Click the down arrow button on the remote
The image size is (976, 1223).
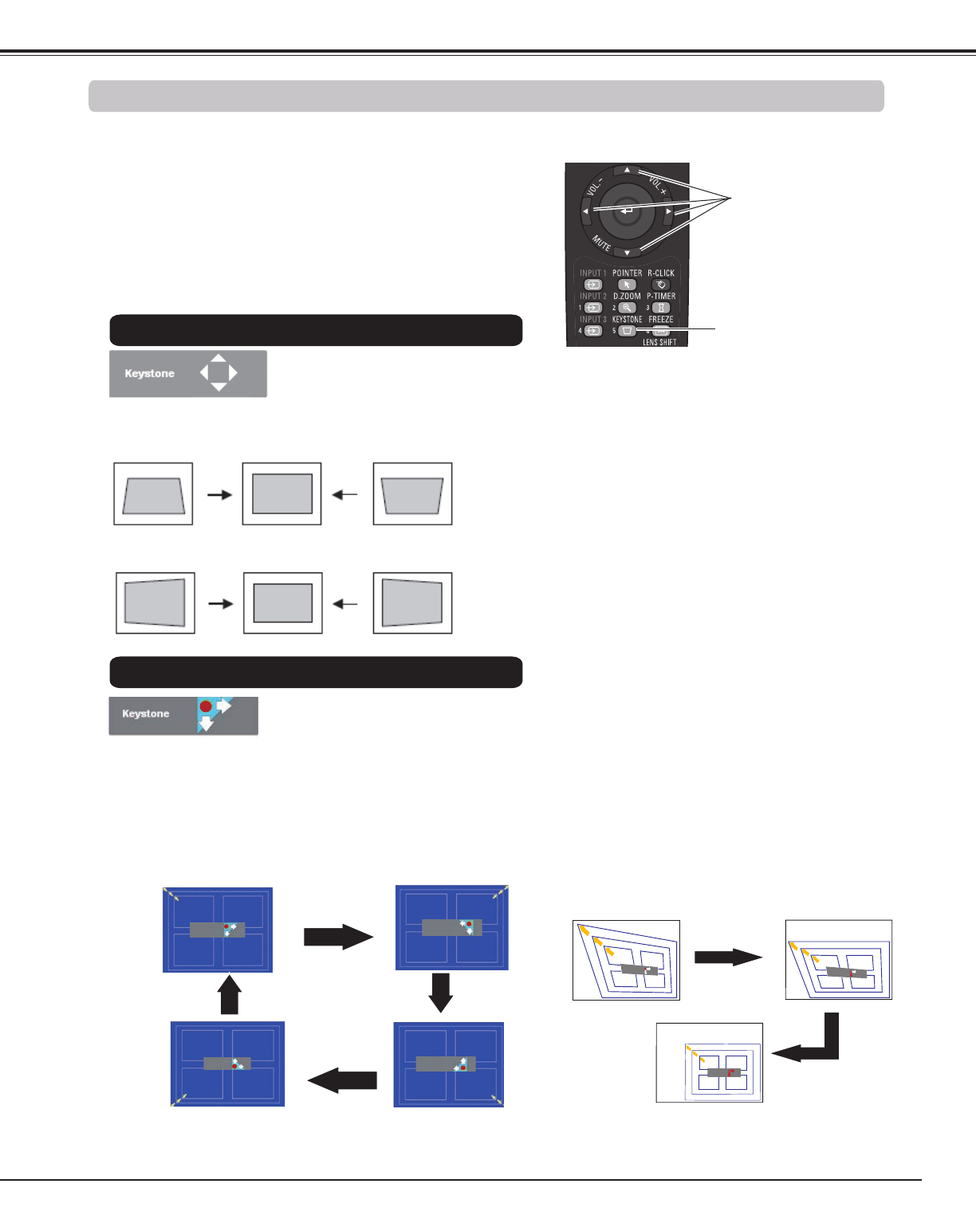pyautogui.click(x=628, y=253)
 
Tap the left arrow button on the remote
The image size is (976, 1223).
pyautogui.click(x=585, y=211)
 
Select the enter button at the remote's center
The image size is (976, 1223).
pyautogui.click(x=627, y=211)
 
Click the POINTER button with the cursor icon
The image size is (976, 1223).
pyautogui.click(x=627, y=285)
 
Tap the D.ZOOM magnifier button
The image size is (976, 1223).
pyautogui.click(x=627, y=308)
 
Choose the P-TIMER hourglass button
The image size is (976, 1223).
pyautogui.click(x=661, y=308)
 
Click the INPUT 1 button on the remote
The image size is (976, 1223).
pyautogui.click(x=592, y=285)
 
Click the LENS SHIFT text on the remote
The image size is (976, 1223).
pyautogui.click(x=659, y=342)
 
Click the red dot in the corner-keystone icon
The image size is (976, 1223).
pyautogui.click(x=206, y=706)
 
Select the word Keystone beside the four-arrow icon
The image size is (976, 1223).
pyautogui.click(x=149, y=373)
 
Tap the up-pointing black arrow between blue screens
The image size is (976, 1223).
pyautogui.click(x=230, y=996)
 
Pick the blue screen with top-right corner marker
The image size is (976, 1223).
pyautogui.click(x=452, y=927)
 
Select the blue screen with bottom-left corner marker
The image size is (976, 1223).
pyautogui.click(x=227, y=1064)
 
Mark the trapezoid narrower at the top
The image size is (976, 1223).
pyautogui.click(x=153, y=495)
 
